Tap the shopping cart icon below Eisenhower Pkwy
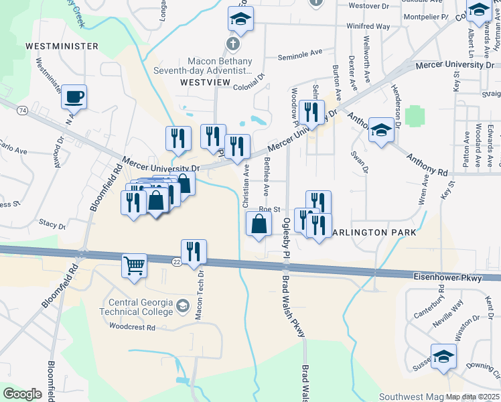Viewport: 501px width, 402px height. [134, 265]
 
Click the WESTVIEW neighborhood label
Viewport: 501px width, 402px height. [205, 82]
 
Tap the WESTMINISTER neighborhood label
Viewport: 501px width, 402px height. [62, 46]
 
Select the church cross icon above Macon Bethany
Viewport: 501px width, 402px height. [232, 44]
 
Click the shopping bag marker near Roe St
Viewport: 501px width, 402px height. [259, 224]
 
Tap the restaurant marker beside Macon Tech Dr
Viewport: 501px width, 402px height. [194, 252]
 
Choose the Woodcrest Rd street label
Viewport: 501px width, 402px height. [132, 328]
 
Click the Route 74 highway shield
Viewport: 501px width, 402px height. [23, 109]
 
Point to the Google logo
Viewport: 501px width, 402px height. [22, 394]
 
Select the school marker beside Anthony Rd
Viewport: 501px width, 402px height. [381, 129]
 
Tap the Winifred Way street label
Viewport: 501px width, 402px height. [368, 26]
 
